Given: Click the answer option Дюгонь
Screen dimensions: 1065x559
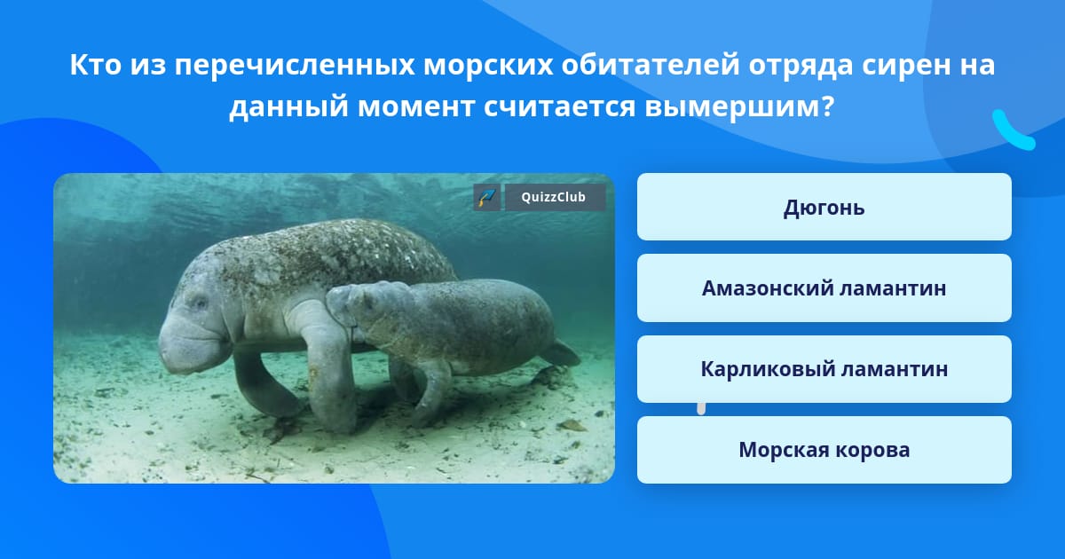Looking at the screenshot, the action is (824, 207).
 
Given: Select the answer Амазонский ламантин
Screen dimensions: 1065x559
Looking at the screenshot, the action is (824, 288).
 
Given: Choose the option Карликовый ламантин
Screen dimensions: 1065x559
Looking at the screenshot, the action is (824, 369).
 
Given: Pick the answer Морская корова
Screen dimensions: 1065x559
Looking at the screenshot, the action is (824, 450).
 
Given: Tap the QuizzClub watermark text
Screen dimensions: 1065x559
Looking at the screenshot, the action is (554, 197).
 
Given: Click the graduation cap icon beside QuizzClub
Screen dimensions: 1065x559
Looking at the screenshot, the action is (486, 197).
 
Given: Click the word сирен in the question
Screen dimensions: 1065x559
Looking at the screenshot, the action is (900, 65).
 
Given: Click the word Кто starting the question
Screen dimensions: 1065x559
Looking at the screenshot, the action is (96, 65).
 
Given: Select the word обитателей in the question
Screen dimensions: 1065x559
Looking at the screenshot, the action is (651, 65).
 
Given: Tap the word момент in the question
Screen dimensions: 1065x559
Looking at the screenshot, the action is (416, 106).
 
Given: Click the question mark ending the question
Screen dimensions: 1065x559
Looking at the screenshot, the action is (828, 106).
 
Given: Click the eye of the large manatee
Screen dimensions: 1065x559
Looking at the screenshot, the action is (199, 303).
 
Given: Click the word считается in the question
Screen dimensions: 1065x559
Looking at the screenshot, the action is (560, 106).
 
